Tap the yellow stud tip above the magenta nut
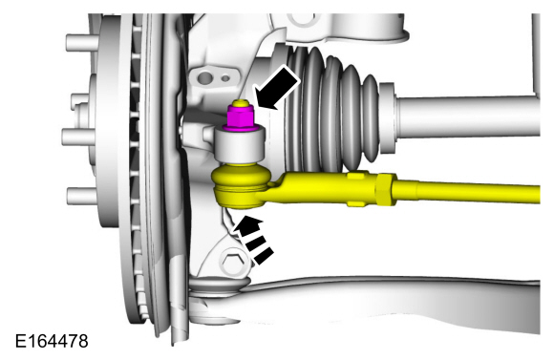240,103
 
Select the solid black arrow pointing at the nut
278,87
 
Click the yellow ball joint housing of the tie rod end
241,184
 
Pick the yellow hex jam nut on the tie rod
387,189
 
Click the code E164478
52,341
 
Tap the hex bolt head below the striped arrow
234,261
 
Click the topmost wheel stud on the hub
82,42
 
